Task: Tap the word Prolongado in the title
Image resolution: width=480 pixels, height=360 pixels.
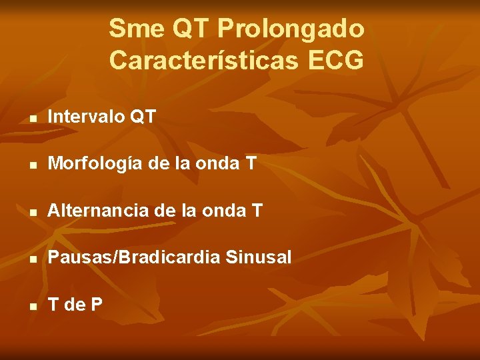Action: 291,29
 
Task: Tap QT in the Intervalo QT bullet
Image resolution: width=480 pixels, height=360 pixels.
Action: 143,117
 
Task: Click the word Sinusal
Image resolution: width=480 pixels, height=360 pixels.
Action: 263,257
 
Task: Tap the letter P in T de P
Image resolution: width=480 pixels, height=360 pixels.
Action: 97,305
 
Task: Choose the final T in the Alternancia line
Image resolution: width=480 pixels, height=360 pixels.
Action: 257,211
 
